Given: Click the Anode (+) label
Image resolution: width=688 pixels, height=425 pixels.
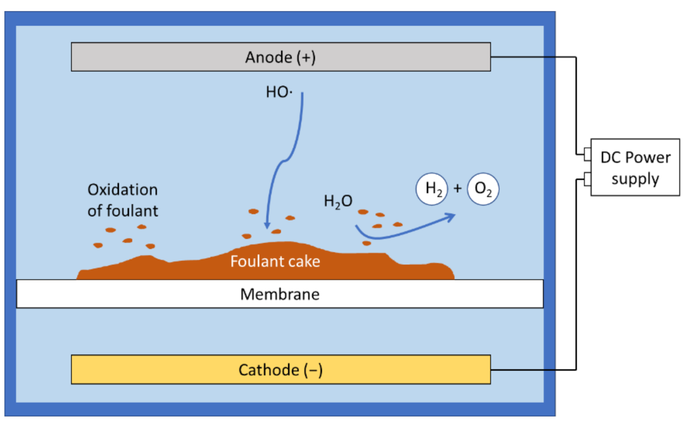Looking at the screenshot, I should (280, 57).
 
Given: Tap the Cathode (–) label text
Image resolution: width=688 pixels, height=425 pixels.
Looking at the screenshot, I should (280, 370).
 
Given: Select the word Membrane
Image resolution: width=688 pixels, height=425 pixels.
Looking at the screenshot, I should (280, 294).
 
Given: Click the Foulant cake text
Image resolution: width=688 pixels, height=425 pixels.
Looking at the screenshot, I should (275, 261).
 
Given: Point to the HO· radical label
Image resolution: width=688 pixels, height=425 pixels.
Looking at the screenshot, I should (279, 92).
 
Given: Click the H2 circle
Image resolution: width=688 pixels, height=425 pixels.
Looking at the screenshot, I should (432, 189).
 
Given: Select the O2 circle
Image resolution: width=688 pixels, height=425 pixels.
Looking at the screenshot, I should (483, 189).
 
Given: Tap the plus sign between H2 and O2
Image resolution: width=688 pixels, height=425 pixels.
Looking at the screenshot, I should (457, 188).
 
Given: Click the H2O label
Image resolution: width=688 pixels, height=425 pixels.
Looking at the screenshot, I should (338, 201).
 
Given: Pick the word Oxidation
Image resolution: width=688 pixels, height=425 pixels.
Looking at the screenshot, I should (122, 190).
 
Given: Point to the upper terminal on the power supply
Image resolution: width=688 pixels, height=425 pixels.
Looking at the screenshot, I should (587, 154).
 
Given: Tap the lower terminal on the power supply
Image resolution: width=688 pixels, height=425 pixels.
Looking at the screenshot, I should (587, 179).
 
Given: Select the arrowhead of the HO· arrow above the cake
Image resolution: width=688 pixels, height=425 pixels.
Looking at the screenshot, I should (267, 226).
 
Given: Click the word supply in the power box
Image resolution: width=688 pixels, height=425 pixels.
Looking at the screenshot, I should (635, 179).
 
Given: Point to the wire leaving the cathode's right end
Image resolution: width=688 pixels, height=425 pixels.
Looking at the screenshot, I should (532, 370).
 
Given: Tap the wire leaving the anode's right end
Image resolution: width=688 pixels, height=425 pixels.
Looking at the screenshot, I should (532, 57).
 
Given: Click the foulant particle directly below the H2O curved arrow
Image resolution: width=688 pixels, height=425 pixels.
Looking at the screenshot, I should (367, 243).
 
